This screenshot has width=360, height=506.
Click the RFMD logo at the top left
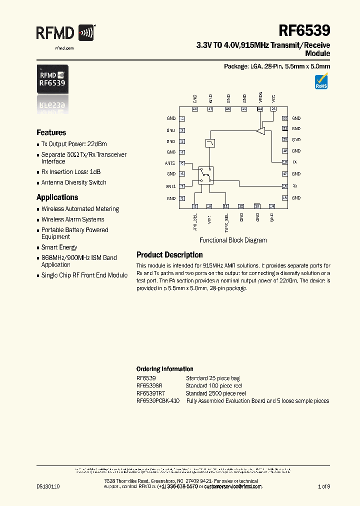(65, 33)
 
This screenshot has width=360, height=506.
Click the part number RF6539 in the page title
(304, 31)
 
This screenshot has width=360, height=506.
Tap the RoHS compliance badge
(321, 81)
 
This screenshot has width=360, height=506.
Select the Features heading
(51, 132)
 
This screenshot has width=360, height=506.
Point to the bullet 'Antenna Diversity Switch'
(73, 182)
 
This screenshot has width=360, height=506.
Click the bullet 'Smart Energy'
(59, 247)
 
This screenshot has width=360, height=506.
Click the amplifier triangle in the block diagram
(260, 131)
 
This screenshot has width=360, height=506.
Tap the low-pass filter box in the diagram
(210, 143)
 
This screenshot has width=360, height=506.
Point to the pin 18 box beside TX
(284, 162)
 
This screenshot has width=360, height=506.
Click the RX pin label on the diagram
(295, 186)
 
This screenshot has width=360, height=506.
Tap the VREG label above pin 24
(260, 97)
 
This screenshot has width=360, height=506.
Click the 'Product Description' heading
(169, 255)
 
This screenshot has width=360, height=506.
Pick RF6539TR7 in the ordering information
(149, 393)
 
